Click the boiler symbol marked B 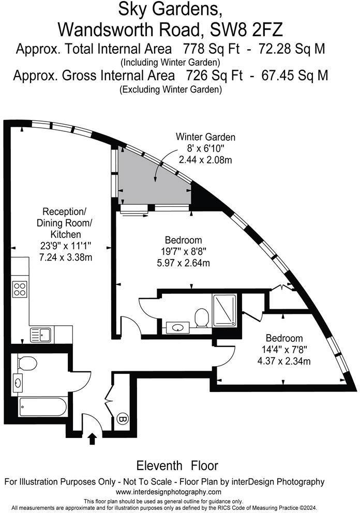point(123,418)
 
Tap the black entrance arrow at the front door point(93,439)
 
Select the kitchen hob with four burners point(20,289)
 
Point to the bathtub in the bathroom point(42,407)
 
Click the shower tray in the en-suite point(224,310)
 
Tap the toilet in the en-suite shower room point(202,317)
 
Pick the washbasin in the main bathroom point(20,383)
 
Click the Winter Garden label point(205,137)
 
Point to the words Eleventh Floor point(177,465)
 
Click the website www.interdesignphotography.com point(169,492)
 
